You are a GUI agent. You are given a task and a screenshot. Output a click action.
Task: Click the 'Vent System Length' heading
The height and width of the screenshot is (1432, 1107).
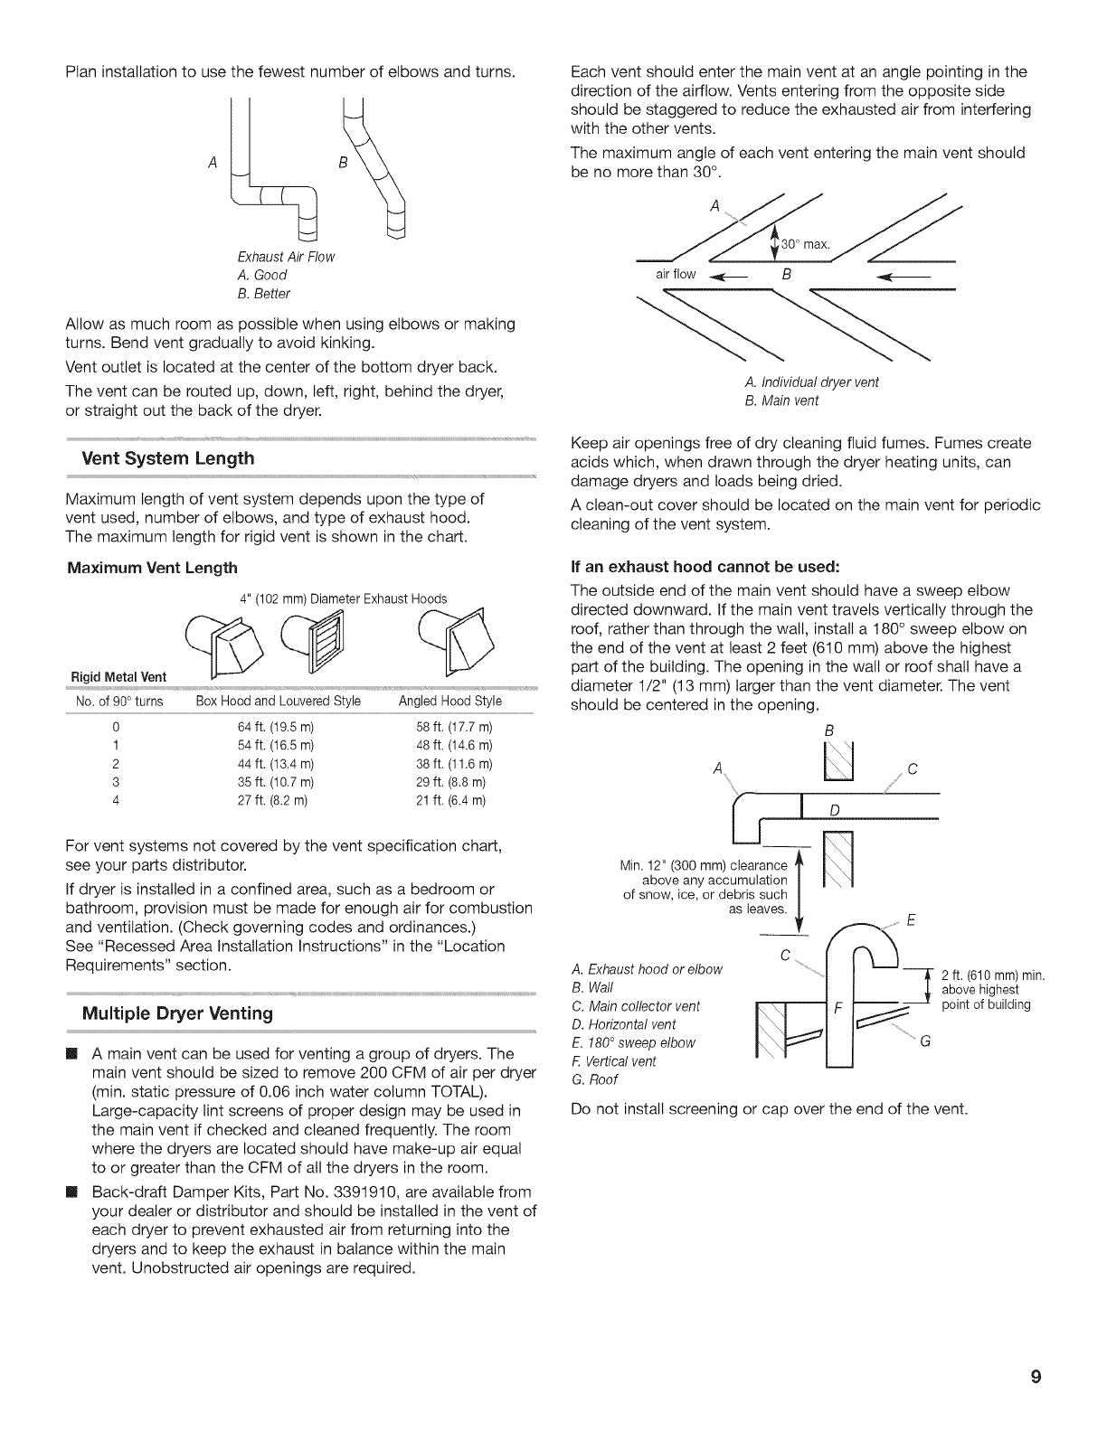(167, 458)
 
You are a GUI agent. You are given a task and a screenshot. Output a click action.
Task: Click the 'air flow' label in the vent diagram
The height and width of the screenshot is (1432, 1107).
(676, 274)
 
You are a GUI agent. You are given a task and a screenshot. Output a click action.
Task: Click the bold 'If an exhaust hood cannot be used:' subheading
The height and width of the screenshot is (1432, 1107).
(706, 568)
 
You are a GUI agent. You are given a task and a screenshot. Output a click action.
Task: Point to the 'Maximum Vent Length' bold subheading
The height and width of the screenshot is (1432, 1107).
(152, 568)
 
